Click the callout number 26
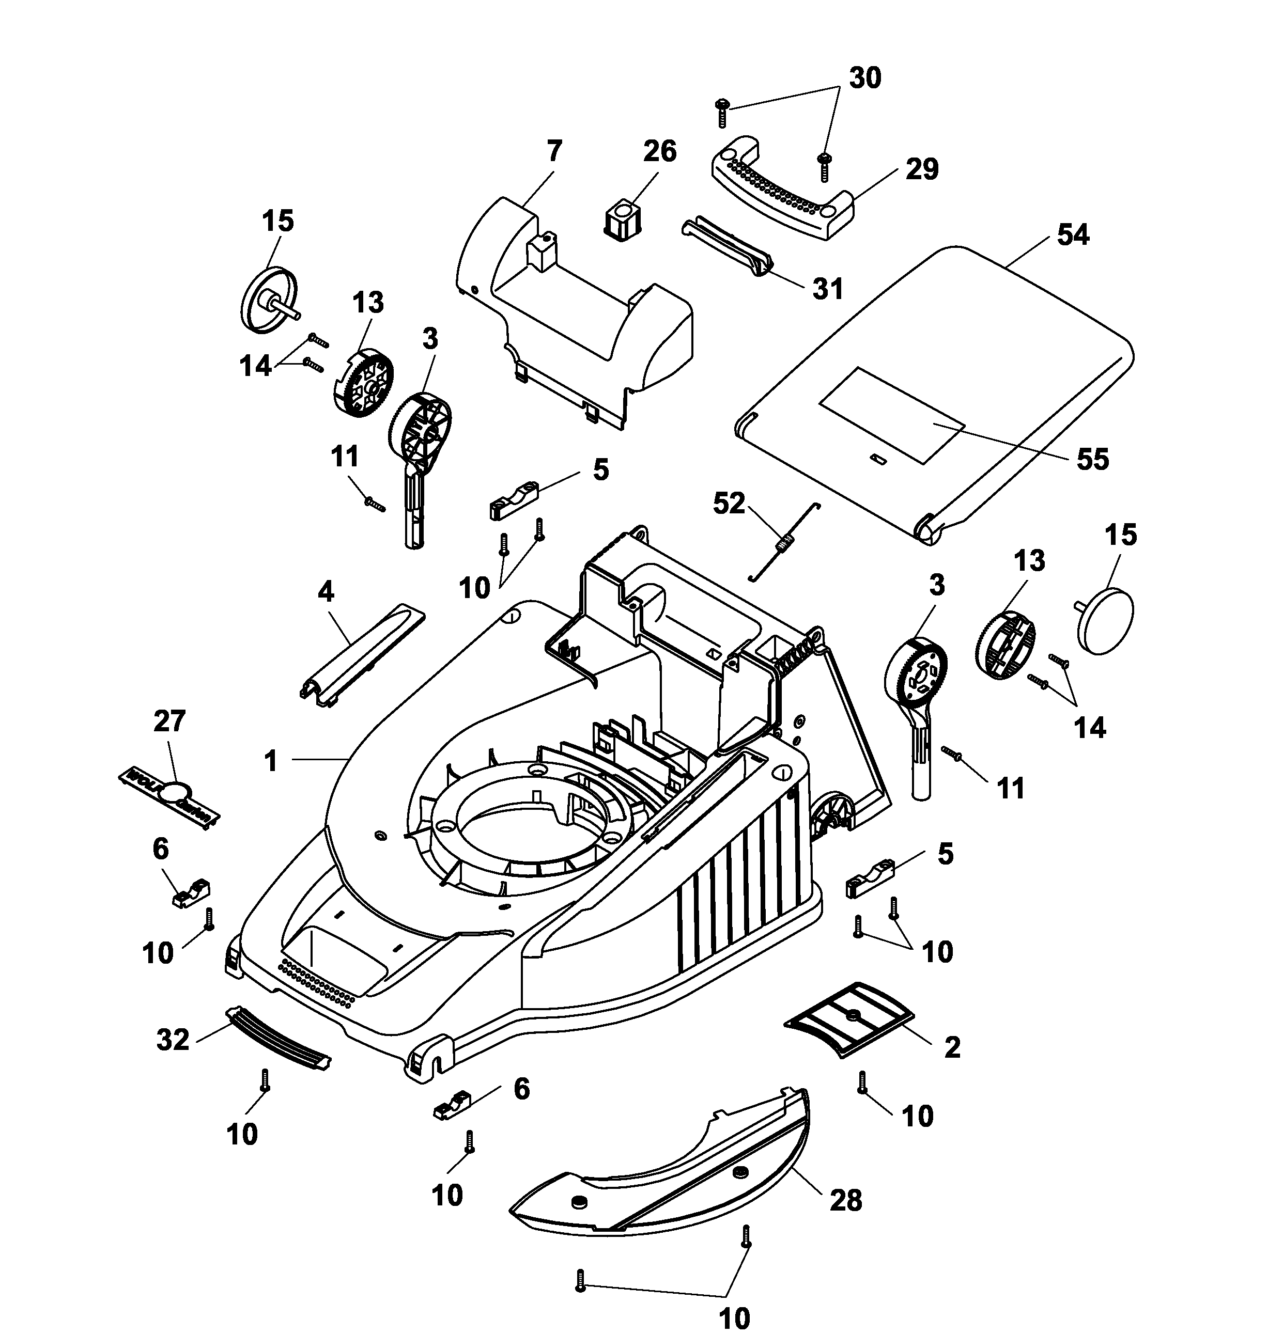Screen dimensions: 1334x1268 point(659,151)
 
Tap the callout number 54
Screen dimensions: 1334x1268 point(1073,234)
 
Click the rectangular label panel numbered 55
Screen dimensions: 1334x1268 point(892,415)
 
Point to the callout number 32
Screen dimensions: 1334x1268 point(173,1040)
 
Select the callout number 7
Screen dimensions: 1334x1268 point(553,151)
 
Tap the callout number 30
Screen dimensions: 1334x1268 point(864,79)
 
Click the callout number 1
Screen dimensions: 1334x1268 point(271,761)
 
